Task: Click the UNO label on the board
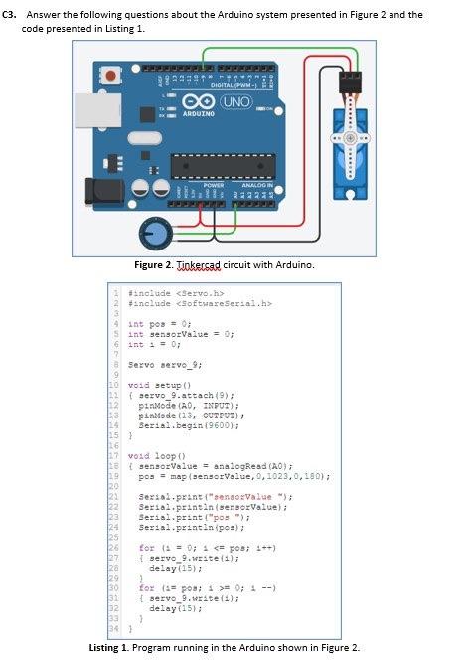pos(234,104)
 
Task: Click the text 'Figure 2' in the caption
pos(155,265)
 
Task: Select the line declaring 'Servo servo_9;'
pos(164,365)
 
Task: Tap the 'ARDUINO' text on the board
pos(199,117)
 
